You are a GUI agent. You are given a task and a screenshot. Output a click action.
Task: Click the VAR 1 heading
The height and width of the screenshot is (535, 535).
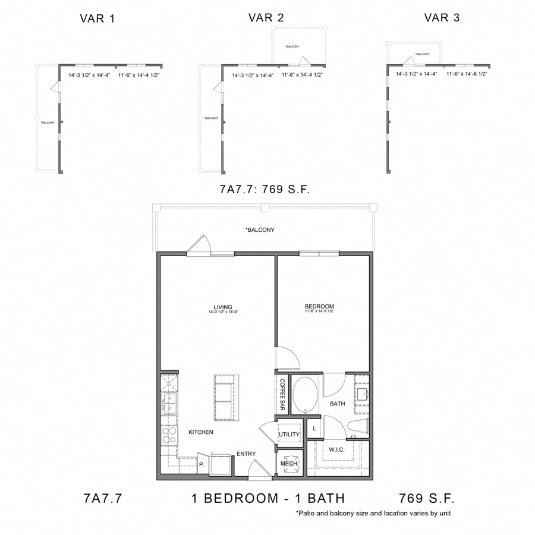(x=97, y=18)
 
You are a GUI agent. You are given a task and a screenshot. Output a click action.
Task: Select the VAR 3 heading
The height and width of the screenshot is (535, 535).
(x=442, y=18)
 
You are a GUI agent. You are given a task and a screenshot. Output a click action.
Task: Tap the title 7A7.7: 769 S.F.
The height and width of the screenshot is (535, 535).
(x=266, y=190)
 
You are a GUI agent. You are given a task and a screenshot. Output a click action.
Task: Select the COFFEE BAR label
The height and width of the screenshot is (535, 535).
(x=283, y=395)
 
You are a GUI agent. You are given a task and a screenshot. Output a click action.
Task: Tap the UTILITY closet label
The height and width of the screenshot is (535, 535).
(x=289, y=435)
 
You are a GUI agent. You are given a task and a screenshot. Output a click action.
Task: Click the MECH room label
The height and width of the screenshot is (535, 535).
(x=289, y=464)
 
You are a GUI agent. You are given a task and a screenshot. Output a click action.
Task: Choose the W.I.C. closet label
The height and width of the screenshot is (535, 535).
(x=336, y=449)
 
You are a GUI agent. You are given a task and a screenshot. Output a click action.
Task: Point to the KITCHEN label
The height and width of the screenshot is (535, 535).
(x=201, y=432)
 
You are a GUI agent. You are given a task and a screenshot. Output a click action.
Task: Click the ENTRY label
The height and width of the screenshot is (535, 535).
(x=246, y=454)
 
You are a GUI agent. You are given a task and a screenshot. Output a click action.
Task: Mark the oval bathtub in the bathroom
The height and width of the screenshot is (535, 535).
(x=306, y=394)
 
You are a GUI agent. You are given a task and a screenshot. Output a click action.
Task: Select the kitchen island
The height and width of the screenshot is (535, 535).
(x=224, y=398)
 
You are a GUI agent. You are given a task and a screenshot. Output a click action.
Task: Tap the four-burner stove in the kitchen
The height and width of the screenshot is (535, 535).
(x=169, y=436)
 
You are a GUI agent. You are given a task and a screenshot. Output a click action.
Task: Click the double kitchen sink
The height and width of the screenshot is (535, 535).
(x=168, y=404)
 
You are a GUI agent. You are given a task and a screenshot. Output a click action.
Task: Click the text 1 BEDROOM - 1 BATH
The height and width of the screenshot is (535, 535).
(x=268, y=498)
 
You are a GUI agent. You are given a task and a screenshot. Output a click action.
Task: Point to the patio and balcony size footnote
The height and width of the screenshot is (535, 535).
(x=377, y=513)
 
